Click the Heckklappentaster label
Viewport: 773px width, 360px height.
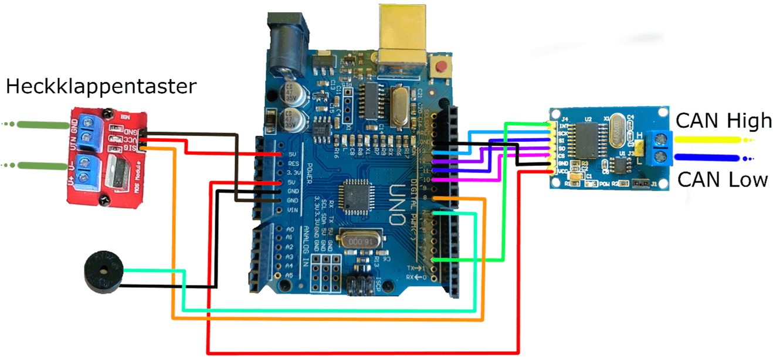point(100,87)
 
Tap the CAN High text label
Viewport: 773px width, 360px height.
point(724,121)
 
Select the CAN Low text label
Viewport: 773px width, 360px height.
point(723,179)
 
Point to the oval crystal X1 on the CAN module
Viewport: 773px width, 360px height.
point(618,133)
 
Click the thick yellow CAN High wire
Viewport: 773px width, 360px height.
point(707,140)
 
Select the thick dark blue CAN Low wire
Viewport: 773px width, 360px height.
point(707,157)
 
